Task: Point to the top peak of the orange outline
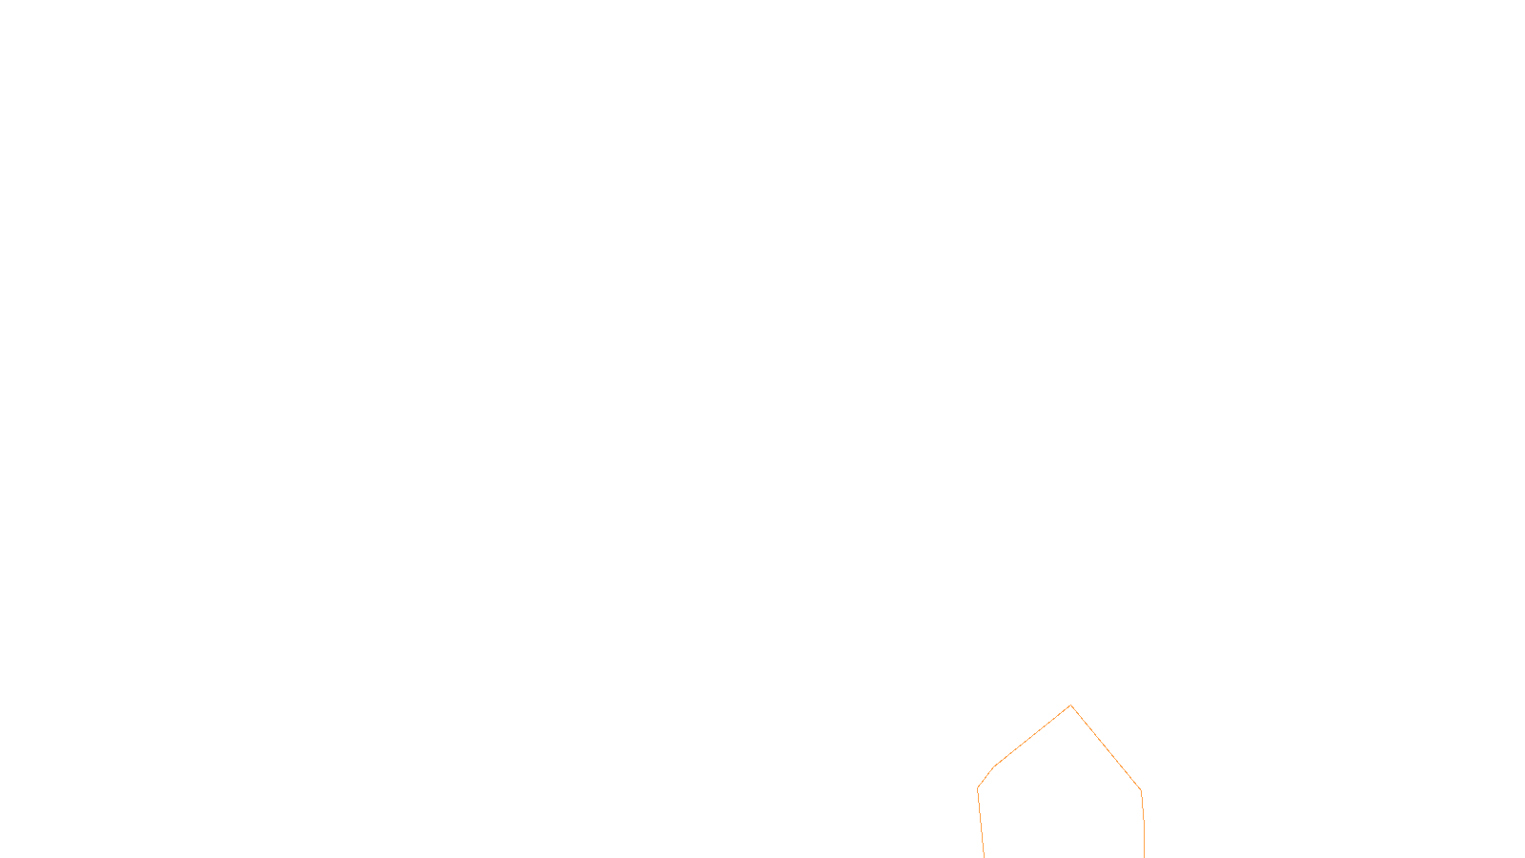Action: pos(1070,705)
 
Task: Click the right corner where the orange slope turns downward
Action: pos(1141,790)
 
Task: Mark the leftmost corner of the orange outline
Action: pos(978,788)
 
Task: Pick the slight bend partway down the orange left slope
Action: pos(994,766)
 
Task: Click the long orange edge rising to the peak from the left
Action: pos(1032,736)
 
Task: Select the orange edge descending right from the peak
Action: pos(1106,748)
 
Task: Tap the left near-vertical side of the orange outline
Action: pos(981,824)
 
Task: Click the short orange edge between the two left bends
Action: pos(986,777)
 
